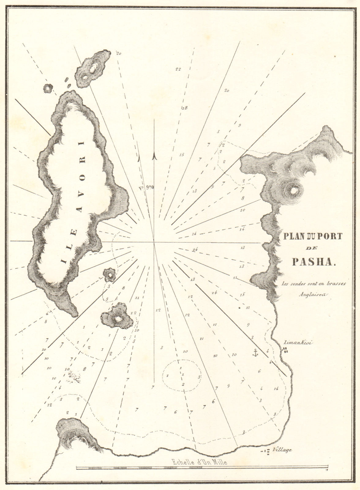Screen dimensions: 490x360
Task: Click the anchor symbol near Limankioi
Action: (x=255, y=352)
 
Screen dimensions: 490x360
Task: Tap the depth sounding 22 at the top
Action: (x=178, y=69)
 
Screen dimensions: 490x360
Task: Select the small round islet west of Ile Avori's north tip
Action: (x=48, y=89)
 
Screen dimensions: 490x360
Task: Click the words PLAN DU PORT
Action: (x=310, y=236)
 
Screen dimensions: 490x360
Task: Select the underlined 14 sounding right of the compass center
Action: (x=195, y=250)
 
